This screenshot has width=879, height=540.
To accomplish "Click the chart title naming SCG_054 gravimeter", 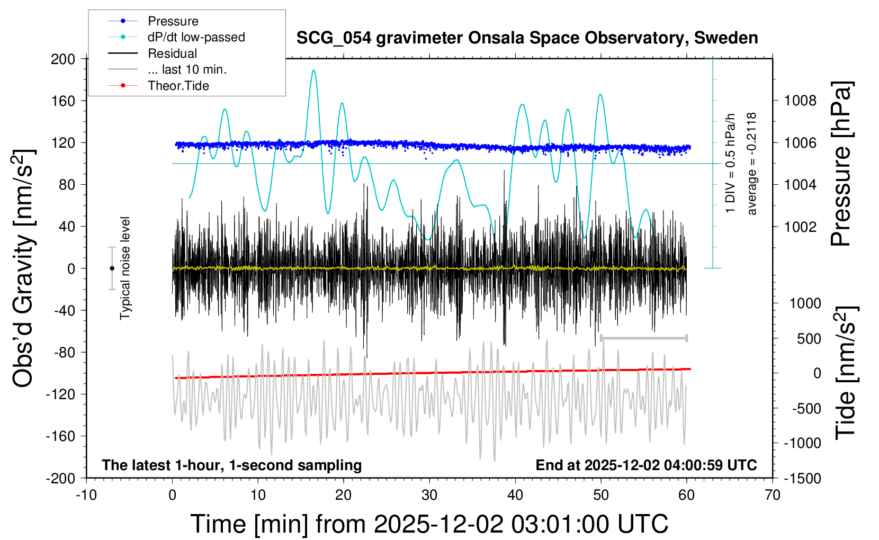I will click(527, 38).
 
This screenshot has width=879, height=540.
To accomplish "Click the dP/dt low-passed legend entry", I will click(196, 37).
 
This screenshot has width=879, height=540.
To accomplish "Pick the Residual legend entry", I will click(172, 53).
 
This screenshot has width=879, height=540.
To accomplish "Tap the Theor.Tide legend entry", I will click(178, 86).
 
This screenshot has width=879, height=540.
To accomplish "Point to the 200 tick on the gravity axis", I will click(63, 59).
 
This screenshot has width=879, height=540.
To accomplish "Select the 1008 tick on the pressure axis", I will click(800, 101).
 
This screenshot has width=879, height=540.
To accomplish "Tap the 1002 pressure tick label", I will click(800, 227).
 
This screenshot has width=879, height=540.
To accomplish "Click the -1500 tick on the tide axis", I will click(802, 478).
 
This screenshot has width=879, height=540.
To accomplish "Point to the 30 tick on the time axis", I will click(429, 495).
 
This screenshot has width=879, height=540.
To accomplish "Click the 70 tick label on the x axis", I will click(773, 495).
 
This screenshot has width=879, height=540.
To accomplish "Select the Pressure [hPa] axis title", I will click(841, 164).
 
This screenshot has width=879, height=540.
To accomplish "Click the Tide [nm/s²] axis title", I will click(846, 373).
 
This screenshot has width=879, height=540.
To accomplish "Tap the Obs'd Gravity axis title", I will click(24, 268).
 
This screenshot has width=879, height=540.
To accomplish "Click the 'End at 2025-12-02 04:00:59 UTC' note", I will click(646, 465).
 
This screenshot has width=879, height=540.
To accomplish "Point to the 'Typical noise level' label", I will click(125, 268).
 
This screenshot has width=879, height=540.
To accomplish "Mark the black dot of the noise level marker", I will click(112, 268).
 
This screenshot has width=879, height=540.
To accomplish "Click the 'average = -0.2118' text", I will click(752, 164).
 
